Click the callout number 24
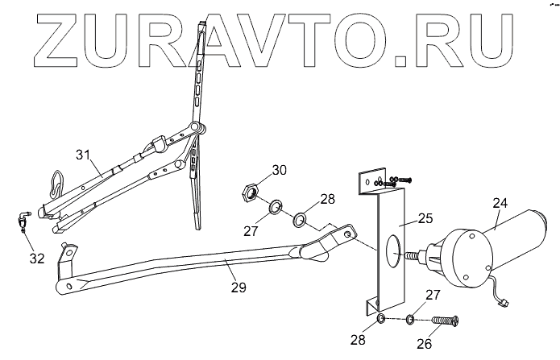pyautogui.click(x=500, y=203)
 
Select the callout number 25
pyautogui.click(x=426, y=217)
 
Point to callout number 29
pyautogui.click(x=238, y=286)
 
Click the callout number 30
pyautogui.click(x=278, y=170)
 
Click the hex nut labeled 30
pyautogui.click(x=250, y=192)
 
